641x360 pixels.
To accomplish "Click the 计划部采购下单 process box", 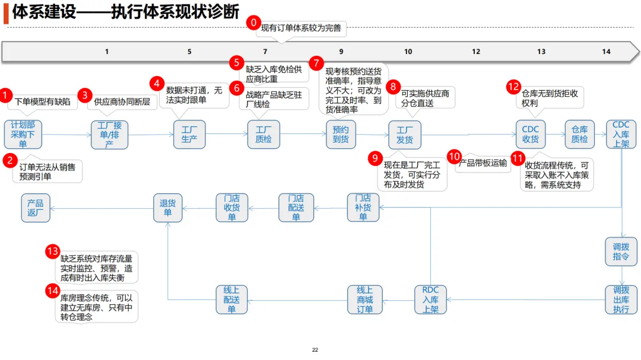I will pyautogui.click(x=23, y=134).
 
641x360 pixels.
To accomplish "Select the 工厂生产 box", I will pyautogui.click(x=189, y=134).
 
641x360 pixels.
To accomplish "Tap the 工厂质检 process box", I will pyautogui.click(x=264, y=134).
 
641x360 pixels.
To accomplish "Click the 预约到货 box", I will pyautogui.click(x=341, y=134).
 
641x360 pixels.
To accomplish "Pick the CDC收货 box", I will pyautogui.click(x=530, y=134).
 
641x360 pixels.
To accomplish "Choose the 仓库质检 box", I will pyautogui.click(x=579, y=134).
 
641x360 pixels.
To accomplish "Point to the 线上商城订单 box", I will pyautogui.click(x=364, y=300).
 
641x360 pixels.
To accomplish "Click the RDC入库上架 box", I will pyautogui.click(x=430, y=300).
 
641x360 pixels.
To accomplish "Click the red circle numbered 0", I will pyautogui.click(x=253, y=23).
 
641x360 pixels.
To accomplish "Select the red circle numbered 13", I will pyautogui.click(x=53, y=251).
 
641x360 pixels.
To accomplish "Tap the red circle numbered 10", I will pyautogui.click(x=454, y=157).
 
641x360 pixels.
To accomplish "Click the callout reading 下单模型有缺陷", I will pyautogui.click(x=42, y=102).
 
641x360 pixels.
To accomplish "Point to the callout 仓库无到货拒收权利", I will pyautogui.click(x=550, y=97).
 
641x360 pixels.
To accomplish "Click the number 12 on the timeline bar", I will pyautogui.click(x=476, y=52).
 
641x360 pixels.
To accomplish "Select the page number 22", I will pyautogui.click(x=315, y=350).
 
